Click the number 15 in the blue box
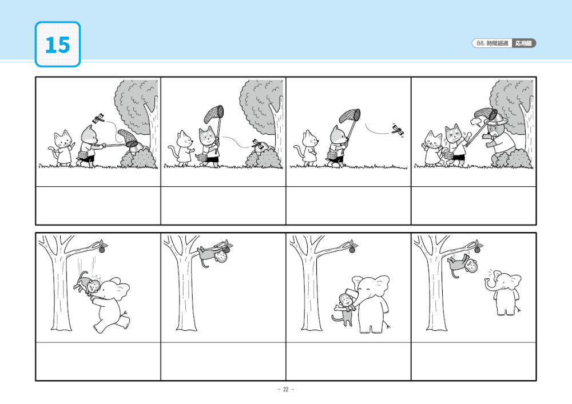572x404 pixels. (x=58, y=45)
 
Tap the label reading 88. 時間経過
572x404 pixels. (x=492, y=43)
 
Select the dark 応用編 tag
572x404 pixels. (x=523, y=43)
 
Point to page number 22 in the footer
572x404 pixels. (x=285, y=389)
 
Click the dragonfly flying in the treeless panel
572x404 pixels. (x=398, y=130)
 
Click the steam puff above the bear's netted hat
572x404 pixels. (x=476, y=121)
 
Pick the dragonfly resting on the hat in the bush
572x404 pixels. (x=258, y=144)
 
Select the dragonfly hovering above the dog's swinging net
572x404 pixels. (x=98, y=118)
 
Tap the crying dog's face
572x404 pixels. (x=454, y=136)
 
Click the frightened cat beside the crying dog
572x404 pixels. (x=433, y=149)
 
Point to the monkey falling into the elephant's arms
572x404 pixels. (x=87, y=283)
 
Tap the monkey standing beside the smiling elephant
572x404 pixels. (x=344, y=310)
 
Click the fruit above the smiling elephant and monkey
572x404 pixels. (x=352, y=249)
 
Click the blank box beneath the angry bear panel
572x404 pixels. (x=474, y=206)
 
